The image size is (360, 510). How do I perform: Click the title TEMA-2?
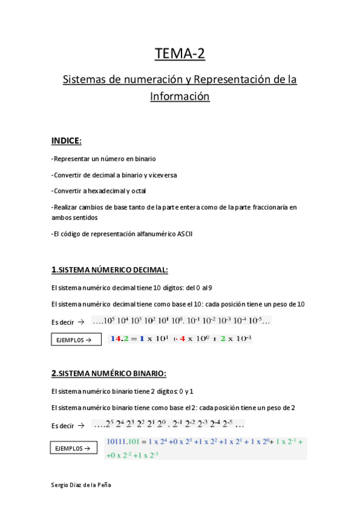pos(180,54)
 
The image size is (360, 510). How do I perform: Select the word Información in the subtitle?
pos(180,96)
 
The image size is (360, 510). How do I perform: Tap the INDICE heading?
pos(66,141)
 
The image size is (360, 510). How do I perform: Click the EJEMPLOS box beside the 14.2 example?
pos(74,340)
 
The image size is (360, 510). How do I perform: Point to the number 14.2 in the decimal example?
pos(120,339)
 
